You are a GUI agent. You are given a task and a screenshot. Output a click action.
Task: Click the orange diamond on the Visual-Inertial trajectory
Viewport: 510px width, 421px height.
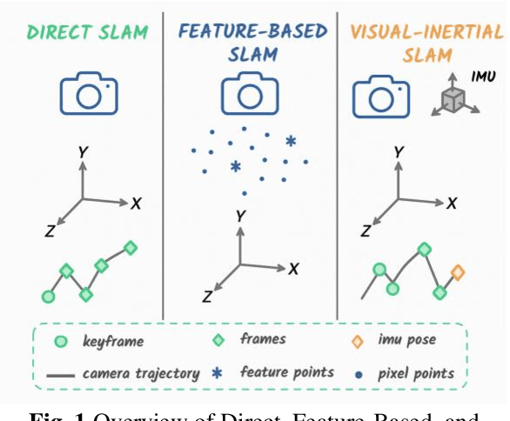tap(458, 272)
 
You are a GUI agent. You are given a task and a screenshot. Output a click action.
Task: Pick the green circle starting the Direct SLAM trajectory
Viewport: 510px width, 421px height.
tap(48, 297)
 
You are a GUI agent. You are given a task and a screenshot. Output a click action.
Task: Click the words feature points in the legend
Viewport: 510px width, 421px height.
tap(287, 372)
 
